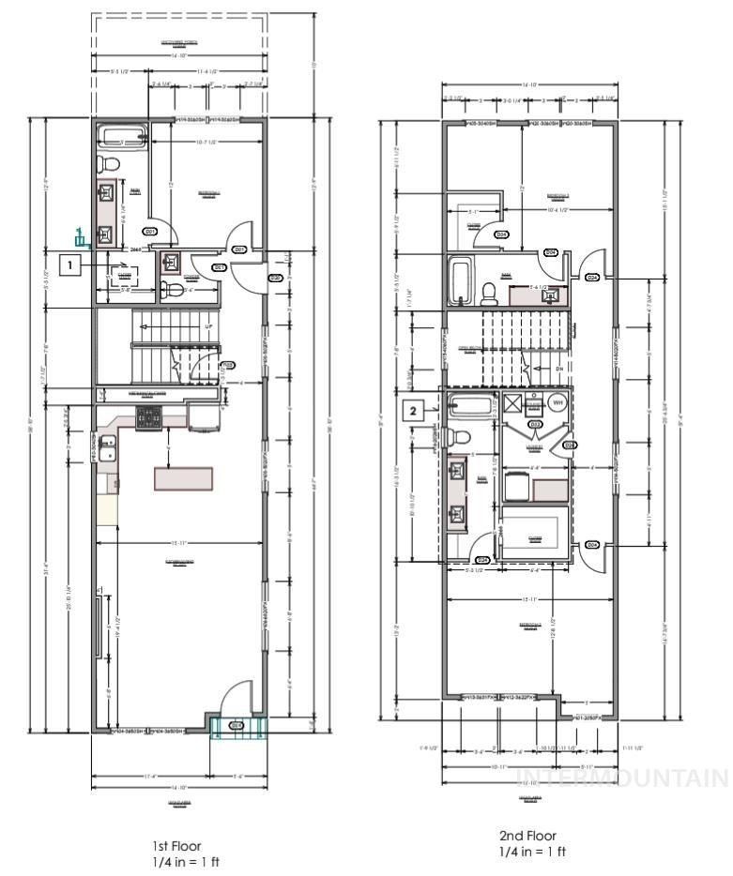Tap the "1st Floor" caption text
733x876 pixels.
coord(177,845)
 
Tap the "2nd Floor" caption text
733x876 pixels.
coord(527,836)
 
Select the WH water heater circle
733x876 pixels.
coord(556,403)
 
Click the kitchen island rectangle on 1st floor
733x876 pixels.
coord(185,476)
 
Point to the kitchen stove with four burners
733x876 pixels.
coord(148,417)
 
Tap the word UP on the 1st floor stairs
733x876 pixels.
coord(208,326)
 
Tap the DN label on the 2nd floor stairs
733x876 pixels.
coord(558,370)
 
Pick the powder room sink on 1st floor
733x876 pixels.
coord(172,263)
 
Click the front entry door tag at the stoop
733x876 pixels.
coord(237,725)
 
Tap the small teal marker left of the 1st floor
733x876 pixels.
coord(82,236)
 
